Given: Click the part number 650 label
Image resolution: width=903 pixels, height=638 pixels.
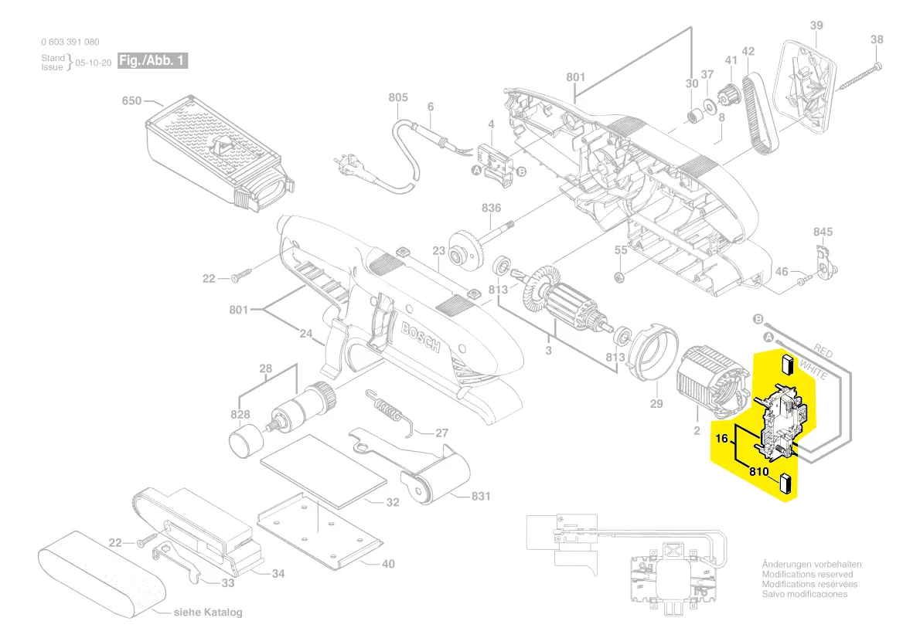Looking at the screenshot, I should coord(131,101).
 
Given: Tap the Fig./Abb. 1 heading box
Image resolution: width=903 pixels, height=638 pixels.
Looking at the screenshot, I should coord(152,61).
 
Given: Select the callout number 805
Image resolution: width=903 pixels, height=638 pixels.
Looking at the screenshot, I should coord(398,97).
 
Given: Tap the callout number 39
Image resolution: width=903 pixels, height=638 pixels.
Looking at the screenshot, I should coord(816,26).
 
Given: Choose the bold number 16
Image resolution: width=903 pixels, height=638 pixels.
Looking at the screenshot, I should coord(722,439).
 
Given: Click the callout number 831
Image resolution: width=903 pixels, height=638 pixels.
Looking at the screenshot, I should coord(480,497).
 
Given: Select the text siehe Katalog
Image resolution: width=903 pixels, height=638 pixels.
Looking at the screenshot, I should coord(207,613).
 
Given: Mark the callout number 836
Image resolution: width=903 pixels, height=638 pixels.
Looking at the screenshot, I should coord(491,209).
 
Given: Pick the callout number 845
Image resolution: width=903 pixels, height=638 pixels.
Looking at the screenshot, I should coord(823,232).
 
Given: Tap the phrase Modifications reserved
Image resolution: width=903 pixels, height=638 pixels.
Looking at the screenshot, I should coord(807,575).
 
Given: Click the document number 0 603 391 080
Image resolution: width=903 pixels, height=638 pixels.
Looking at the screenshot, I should coord(70,42).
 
